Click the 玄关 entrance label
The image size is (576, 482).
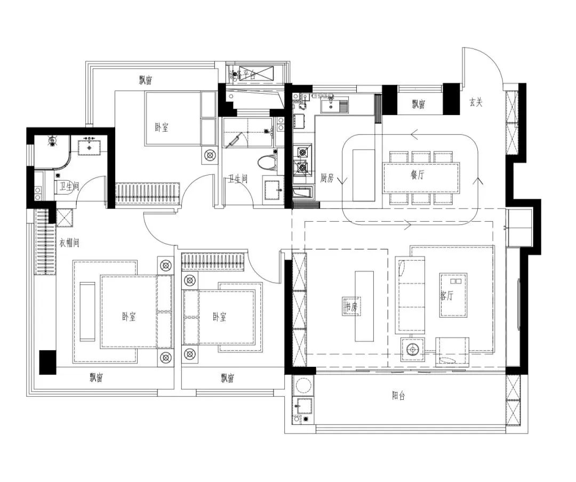pyautogui.click(x=476, y=103)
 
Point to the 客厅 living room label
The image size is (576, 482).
pyautogui.click(x=447, y=296)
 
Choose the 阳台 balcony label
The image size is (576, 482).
pyautogui.click(x=399, y=396)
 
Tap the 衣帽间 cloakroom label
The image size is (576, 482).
pyautogui.click(x=69, y=243)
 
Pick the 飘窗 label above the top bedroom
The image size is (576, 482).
pyautogui.click(x=146, y=81)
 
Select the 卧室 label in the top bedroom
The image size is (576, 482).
pyautogui.click(x=162, y=127)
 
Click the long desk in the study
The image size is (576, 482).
pyautogui.click(x=364, y=306)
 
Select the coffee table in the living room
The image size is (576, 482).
pyautogui.click(x=453, y=295)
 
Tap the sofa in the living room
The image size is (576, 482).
pyautogui.click(x=410, y=294)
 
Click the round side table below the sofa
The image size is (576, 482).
pyautogui.click(x=412, y=350)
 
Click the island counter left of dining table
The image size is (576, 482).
pyautogui.click(x=364, y=175)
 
